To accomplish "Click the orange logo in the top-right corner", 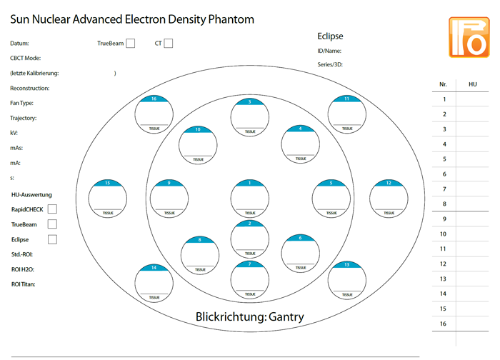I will click(469, 37).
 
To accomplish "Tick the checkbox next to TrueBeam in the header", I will click(130, 44).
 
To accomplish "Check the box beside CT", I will click(169, 44).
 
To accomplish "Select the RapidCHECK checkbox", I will click(52, 209).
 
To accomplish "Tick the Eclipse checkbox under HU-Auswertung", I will click(52, 239).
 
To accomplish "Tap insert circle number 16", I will click(154, 114).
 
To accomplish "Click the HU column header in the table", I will click(473, 84).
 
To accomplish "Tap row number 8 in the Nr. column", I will click(444, 204).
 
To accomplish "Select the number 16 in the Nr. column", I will click(444, 324).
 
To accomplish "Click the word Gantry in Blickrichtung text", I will click(286, 317).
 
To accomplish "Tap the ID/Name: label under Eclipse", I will click(329, 51).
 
